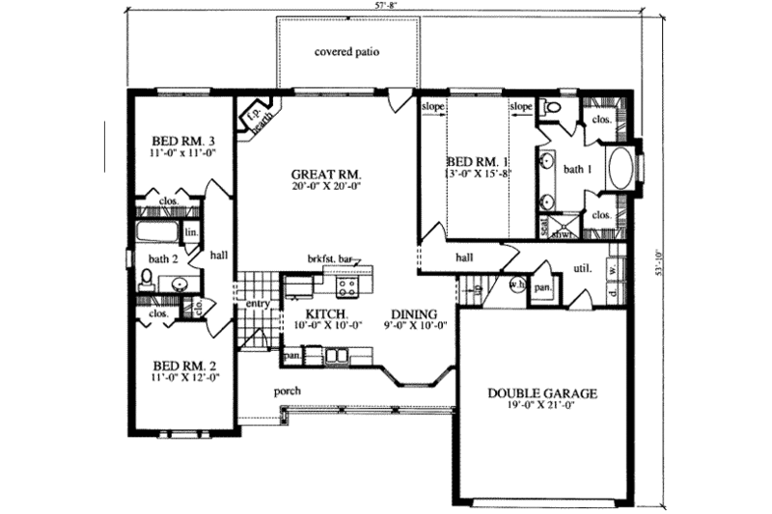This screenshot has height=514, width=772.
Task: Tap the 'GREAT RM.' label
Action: (x=327, y=175)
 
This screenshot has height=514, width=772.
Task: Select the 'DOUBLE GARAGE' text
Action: (x=542, y=393)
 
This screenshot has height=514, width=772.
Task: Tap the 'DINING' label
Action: (x=416, y=315)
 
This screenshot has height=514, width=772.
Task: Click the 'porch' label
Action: (x=287, y=391)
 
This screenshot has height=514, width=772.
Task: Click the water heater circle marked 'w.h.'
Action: (x=516, y=286)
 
